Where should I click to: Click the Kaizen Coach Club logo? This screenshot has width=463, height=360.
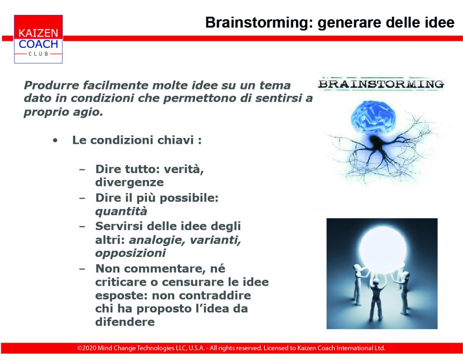[38, 39]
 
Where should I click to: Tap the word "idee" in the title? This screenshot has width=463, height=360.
[439, 23]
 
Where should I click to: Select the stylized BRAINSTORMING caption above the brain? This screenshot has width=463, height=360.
[381, 84]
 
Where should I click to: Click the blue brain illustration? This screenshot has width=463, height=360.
[373, 116]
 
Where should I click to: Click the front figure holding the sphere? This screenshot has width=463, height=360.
[375, 299]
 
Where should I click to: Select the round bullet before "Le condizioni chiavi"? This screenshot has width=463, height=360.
[55, 141]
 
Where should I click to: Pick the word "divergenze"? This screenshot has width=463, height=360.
[129, 182]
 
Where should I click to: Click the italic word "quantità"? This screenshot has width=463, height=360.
[121, 211]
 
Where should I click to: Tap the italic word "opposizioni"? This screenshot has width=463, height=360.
[130, 253]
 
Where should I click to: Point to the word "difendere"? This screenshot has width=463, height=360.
[125, 322]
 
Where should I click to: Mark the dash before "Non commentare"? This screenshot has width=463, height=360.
[82, 269]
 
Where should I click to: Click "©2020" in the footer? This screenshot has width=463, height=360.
[86, 348]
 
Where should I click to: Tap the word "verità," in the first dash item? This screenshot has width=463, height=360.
[184, 169]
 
